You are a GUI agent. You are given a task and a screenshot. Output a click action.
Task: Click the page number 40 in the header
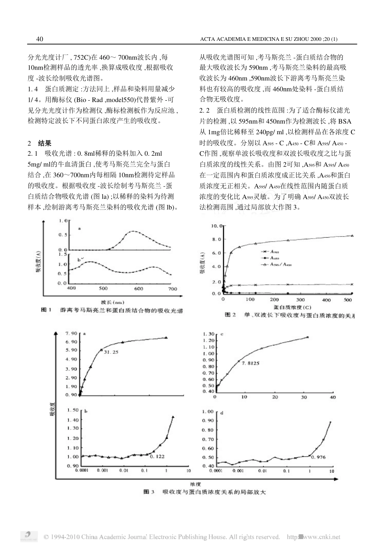40,39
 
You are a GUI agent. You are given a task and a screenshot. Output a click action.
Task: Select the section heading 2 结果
39,143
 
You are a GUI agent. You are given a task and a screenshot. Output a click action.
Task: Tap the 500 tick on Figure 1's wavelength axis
103,288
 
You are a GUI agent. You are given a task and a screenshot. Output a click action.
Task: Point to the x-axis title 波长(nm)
112,302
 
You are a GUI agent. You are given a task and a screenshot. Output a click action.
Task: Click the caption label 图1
45,311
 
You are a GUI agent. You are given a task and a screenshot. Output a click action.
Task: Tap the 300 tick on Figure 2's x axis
300,300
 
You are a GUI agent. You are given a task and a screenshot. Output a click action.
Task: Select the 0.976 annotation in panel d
319,457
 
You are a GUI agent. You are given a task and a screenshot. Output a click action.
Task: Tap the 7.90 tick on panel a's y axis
71,334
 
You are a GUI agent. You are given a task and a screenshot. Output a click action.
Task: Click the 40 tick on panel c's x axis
333,397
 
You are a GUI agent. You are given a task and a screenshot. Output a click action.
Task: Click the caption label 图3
149,492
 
